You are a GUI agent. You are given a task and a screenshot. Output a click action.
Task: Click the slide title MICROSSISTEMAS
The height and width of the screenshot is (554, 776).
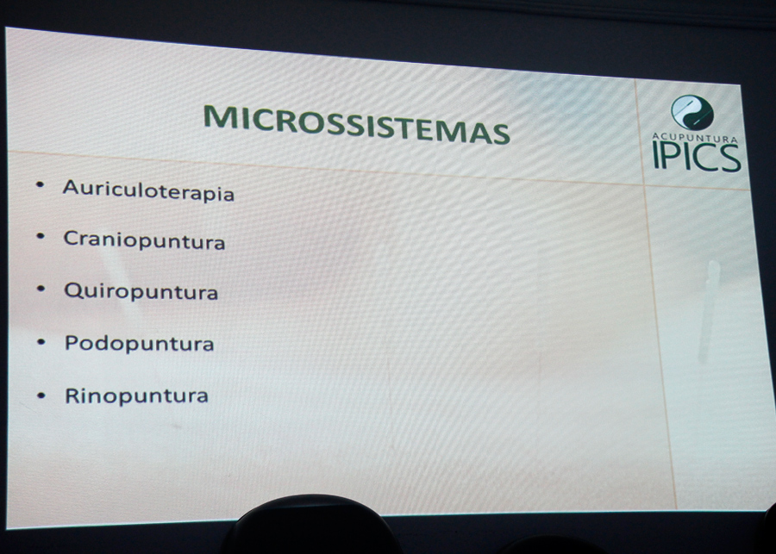[356, 125]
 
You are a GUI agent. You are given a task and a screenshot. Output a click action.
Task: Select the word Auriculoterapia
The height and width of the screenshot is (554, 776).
[148, 190]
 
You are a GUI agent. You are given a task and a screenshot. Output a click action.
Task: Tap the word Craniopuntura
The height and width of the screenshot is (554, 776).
[144, 240]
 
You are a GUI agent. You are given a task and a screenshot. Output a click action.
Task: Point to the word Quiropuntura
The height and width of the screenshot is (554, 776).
[141, 291]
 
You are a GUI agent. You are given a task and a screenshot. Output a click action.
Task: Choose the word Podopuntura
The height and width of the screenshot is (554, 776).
[139, 343]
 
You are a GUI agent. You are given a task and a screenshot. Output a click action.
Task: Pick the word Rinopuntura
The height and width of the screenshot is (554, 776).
[136, 395]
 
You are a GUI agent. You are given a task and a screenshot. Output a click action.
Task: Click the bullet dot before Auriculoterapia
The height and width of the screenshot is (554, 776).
[40, 185]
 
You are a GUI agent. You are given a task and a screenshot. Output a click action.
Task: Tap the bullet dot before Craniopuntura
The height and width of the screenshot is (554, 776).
[41, 236]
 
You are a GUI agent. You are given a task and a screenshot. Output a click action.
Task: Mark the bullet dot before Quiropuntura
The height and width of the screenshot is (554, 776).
[41, 289]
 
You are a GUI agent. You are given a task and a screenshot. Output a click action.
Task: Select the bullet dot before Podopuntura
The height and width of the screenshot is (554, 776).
[41, 342]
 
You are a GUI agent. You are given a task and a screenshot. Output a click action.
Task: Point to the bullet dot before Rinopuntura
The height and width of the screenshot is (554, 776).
[41, 395]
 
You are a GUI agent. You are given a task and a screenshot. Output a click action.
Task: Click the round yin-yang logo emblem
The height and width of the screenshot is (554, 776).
[692, 113]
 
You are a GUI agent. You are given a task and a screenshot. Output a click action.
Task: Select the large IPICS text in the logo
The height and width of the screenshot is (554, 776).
[697, 156]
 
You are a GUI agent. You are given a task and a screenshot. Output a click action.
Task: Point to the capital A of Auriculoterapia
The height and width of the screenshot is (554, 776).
[71, 187]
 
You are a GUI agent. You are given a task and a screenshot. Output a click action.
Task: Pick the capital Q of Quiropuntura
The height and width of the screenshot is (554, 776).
[72, 290]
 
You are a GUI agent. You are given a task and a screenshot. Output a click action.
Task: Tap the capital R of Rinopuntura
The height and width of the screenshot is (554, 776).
[72, 395]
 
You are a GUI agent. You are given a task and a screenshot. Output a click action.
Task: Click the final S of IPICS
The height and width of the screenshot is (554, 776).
[730, 158]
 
